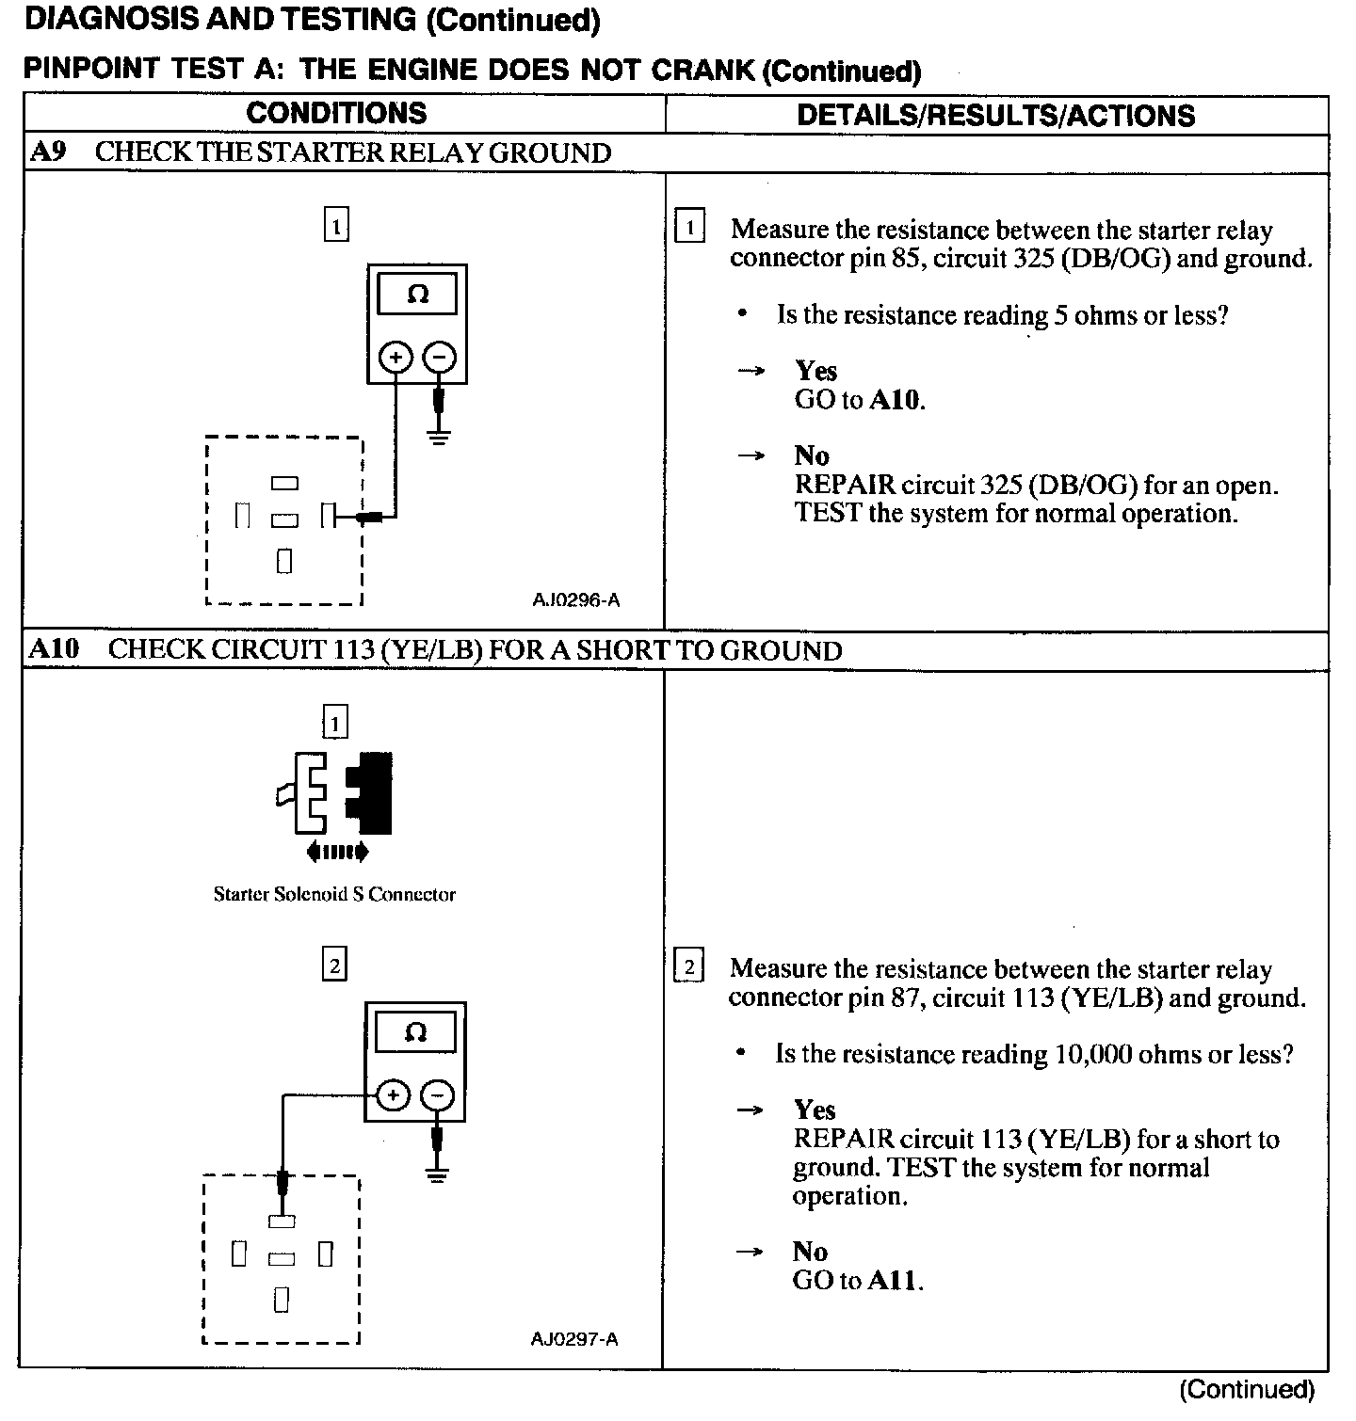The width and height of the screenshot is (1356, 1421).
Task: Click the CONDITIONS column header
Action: [x=336, y=114]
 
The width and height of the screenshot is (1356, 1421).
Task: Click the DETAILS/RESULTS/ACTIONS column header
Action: [x=995, y=116]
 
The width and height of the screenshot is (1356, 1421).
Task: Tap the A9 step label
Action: [x=48, y=152]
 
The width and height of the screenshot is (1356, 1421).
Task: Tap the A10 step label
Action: [x=54, y=649]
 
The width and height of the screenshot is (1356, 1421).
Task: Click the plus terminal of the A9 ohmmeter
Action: [x=395, y=358]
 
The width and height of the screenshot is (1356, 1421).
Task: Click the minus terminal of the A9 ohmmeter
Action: [x=440, y=358]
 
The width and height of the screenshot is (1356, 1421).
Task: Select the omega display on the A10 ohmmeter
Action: [x=415, y=1033]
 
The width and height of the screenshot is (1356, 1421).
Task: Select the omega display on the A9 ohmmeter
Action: [x=417, y=295]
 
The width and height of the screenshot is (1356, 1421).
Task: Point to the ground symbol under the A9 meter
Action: [x=439, y=435]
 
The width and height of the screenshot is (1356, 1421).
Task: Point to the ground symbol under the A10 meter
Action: [x=437, y=1174]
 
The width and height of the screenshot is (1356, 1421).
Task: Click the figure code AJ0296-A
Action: [x=575, y=599]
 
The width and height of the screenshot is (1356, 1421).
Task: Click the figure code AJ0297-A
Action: [x=573, y=1338]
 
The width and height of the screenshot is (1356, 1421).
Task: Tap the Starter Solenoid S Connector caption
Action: [x=334, y=894]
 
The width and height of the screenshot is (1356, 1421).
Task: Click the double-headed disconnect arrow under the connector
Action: [x=337, y=853]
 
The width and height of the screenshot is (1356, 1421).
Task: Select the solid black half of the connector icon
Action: [x=371, y=792]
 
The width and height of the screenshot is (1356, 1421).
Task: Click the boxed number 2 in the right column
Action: [x=689, y=967]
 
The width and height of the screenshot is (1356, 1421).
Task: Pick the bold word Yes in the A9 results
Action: [x=815, y=370]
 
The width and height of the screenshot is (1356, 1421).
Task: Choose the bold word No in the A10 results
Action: [x=810, y=1251]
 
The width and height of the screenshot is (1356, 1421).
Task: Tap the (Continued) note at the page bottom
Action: [x=1246, y=1389]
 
